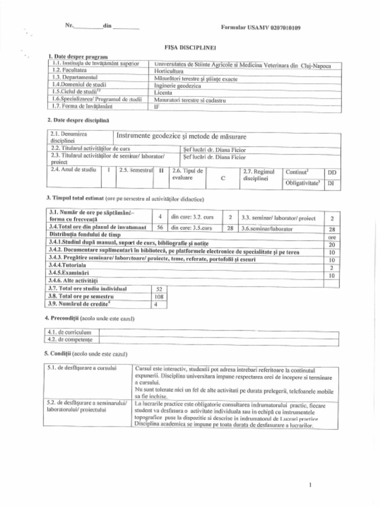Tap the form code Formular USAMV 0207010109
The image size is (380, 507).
260,27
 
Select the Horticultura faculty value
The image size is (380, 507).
169,71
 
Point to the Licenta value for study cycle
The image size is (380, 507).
163,92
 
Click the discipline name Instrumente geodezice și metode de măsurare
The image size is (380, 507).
181,136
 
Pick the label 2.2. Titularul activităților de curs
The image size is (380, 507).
91,148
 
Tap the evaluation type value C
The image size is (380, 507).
223,178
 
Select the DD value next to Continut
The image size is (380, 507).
332,172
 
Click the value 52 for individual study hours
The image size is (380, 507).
158,289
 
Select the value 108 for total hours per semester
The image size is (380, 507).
158,296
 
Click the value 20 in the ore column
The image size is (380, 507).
332,245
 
